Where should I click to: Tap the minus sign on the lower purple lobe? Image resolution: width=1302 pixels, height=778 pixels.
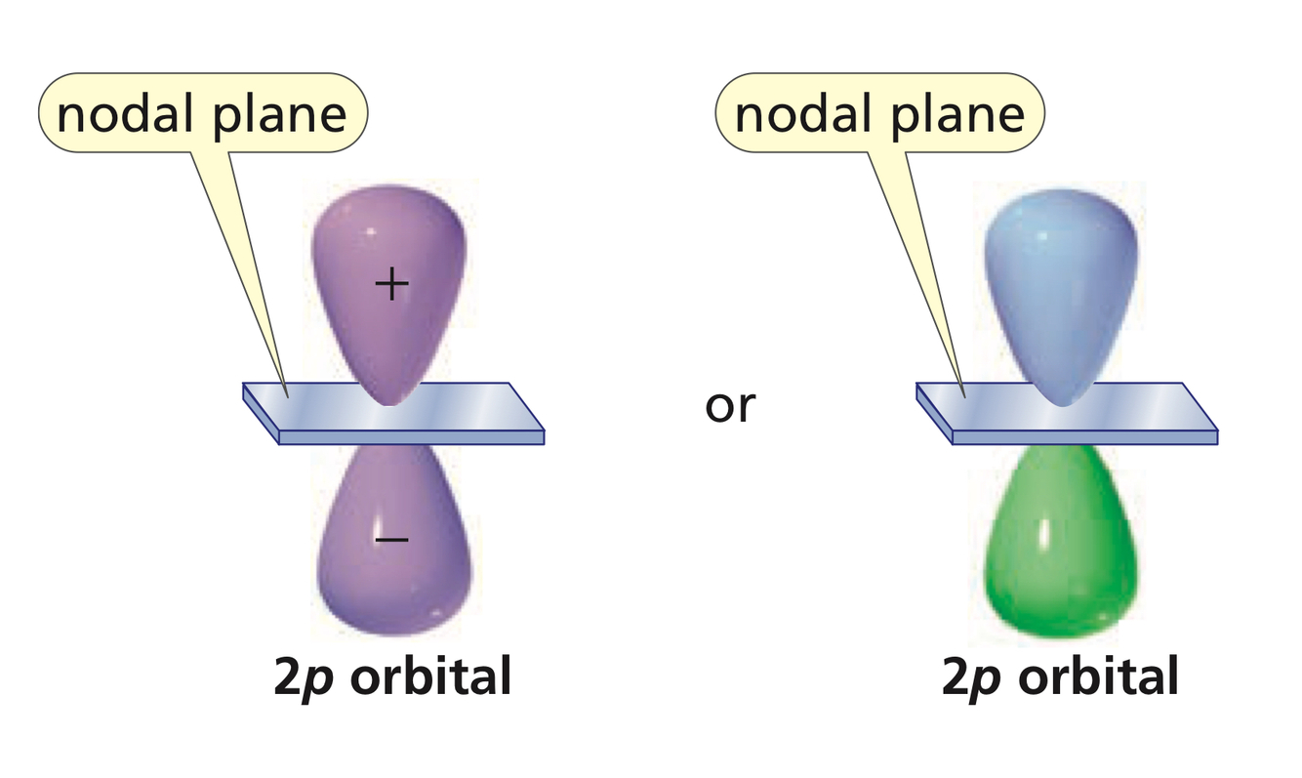coord(390,538)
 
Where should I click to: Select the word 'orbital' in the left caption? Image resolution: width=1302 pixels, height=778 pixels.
coord(430,676)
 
